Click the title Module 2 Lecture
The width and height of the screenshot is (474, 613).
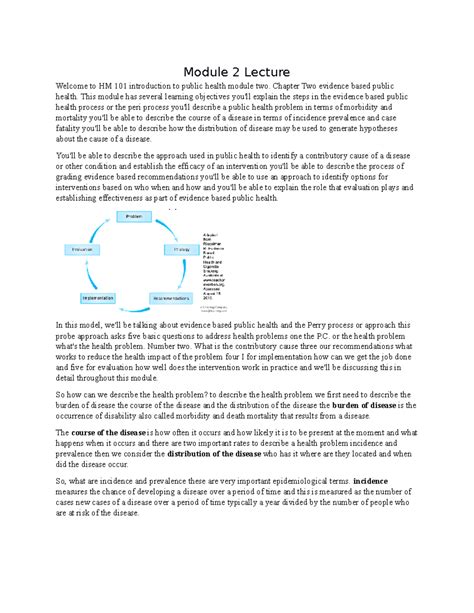click(x=237, y=71)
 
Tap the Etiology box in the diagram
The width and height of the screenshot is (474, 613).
click(x=182, y=248)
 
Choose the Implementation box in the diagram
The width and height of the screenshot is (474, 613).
click(x=98, y=298)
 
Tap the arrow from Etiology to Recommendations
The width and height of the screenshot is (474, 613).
click(x=190, y=275)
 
